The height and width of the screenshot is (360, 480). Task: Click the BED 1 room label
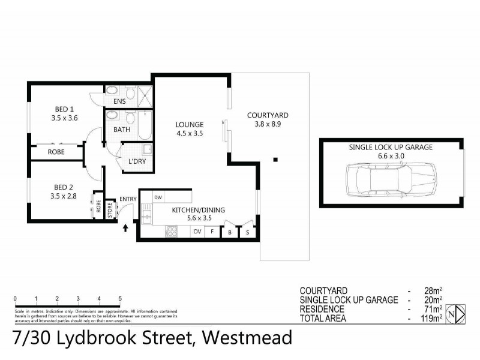click(64, 109)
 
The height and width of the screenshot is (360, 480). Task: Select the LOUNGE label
click(190, 125)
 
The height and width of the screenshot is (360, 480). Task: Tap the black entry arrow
click(125, 227)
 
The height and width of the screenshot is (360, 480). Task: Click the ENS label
click(119, 101)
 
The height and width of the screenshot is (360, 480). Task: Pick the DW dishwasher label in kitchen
click(158, 197)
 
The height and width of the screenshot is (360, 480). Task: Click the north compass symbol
click(458, 313)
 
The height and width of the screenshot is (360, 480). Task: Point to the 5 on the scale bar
click(120, 298)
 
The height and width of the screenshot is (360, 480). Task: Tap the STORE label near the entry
click(110, 211)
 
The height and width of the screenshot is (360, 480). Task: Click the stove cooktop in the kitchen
click(171, 230)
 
